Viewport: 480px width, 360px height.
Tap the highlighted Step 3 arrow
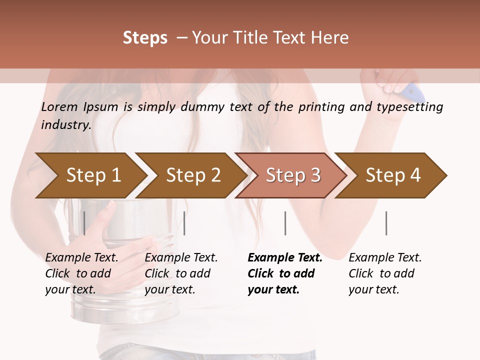pyautogui.click(x=293, y=175)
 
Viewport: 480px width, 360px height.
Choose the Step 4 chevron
pyautogui.click(x=393, y=175)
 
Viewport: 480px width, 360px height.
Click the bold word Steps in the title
pyautogui.click(x=145, y=38)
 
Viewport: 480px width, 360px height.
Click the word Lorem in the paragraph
pyautogui.click(x=59, y=106)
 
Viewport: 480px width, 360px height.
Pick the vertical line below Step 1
pyautogui.click(x=84, y=223)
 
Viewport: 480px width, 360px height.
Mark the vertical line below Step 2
pyautogui.click(x=184, y=223)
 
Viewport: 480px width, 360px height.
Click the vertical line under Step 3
pyautogui.click(x=285, y=223)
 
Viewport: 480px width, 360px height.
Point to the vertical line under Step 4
pyautogui.click(x=386, y=223)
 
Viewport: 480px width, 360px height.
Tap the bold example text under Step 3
pyautogui.click(x=284, y=273)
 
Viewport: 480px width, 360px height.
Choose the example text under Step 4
pyautogui.click(x=385, y=273)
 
